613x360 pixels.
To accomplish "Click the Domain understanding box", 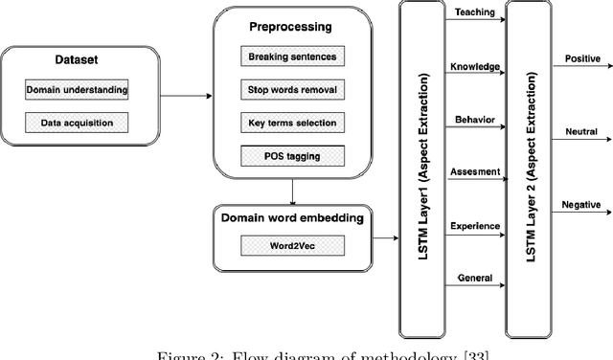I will (78, 90).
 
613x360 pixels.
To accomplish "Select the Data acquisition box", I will (77, 123).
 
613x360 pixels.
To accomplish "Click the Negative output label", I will (579, 204).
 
